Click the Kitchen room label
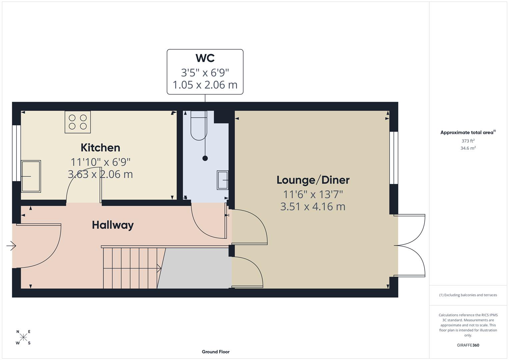point(100,148)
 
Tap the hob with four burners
point(78,122)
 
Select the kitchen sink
point(31,176)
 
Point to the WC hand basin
point(223,180)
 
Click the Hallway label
point(113,225)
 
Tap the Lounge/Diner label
point(313,180)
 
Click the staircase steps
point(130,268)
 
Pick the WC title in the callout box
point(205,58)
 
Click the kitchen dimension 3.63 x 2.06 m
point(100,174)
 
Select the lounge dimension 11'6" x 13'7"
point(313,194)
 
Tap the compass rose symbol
point(23,337)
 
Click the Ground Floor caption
point(216,352)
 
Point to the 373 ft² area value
point(468,141)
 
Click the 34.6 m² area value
point(468,148)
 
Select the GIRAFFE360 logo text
point(468,345)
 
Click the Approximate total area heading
point(468,132)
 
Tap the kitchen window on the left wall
point(16,153)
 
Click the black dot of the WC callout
point(205,158)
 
